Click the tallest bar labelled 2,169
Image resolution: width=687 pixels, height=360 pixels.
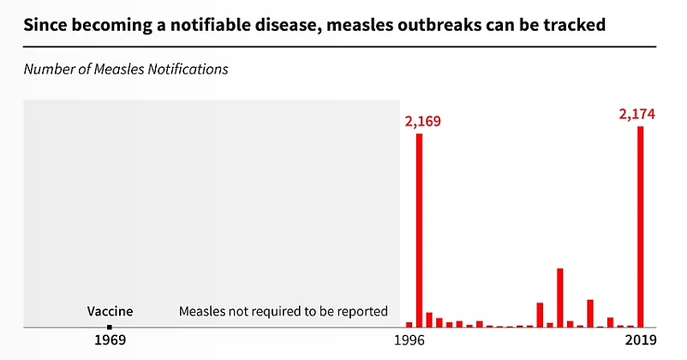[x=419, y=231]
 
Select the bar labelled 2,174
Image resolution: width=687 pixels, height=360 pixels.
[x=641, y=226]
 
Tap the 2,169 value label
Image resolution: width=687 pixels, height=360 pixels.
[x=423, y=121]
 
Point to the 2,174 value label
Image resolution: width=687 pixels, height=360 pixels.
[x=637, y=114]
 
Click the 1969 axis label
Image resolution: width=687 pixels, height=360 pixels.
[x=110, y=339]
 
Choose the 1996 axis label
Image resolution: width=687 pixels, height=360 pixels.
[x=409, y=339]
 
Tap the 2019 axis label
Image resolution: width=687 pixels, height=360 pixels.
[x=641, y=339]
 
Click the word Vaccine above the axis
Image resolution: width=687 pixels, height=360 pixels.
[x=110, y=311]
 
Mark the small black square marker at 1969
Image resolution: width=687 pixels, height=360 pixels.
[x=110, y=327]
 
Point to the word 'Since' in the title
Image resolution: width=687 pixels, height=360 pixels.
[x=45, y=25]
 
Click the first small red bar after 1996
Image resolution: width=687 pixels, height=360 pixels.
[x=409, y=325]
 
